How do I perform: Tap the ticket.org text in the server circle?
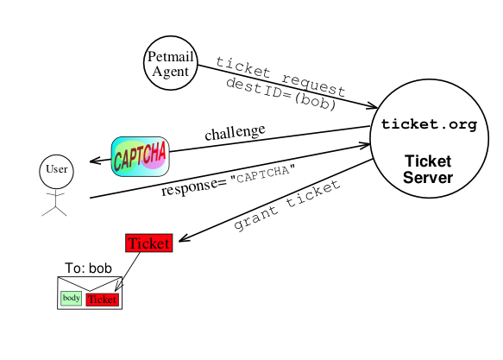click(429, 124)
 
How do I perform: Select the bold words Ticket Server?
click(428, 169)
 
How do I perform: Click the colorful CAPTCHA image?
click(140, 156)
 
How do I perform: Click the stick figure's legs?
click(54, 212)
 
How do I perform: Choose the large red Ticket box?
click(149, 243)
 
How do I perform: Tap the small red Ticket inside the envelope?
click(103, 300)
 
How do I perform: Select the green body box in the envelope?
click(72, 298)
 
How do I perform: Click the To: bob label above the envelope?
click(88, 268)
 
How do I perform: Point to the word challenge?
click(236, 132)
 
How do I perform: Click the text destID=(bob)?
click(281, 95)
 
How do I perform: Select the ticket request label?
click(280, 77)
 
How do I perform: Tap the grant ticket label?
click(286, 205)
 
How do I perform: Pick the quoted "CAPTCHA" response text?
click(263, 174)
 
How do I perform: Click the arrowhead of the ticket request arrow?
click(372, 106)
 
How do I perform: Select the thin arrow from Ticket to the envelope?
click(128, 272)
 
